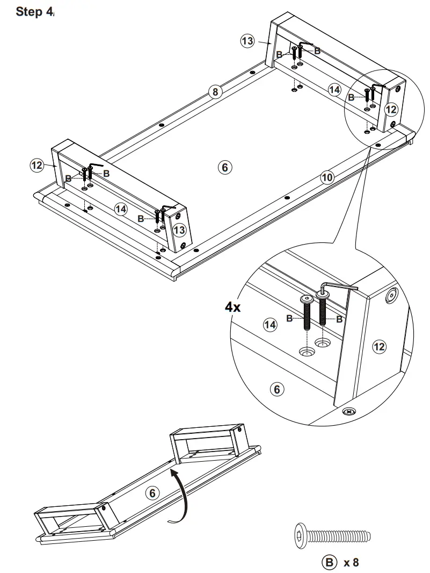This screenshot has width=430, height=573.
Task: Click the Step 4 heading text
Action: point(35,11)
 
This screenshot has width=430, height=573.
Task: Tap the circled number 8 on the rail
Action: point(215,92)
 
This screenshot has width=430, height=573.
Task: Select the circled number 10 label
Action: point(327,177)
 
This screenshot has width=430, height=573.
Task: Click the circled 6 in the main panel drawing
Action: point(225,167)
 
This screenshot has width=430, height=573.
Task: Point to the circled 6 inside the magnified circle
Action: point(277,389)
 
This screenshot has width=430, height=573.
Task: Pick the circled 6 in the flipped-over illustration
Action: point(152,492)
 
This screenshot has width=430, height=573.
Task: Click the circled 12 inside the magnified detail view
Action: point(379,347)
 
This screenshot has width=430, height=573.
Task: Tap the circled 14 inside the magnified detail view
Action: point(270,324)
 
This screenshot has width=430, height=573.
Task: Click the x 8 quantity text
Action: point(351,563)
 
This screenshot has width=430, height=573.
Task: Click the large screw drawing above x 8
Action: point(333,536)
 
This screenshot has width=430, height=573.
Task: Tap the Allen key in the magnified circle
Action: point(338,287)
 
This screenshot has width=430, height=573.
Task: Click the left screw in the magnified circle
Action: point(308,314)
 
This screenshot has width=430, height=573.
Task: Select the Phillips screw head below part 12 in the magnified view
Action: point(349,412)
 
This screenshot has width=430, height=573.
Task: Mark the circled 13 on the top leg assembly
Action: point(247,42)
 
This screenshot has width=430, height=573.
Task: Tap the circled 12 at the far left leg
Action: point(36,165)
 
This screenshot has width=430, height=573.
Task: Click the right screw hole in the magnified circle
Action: point(323,342)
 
